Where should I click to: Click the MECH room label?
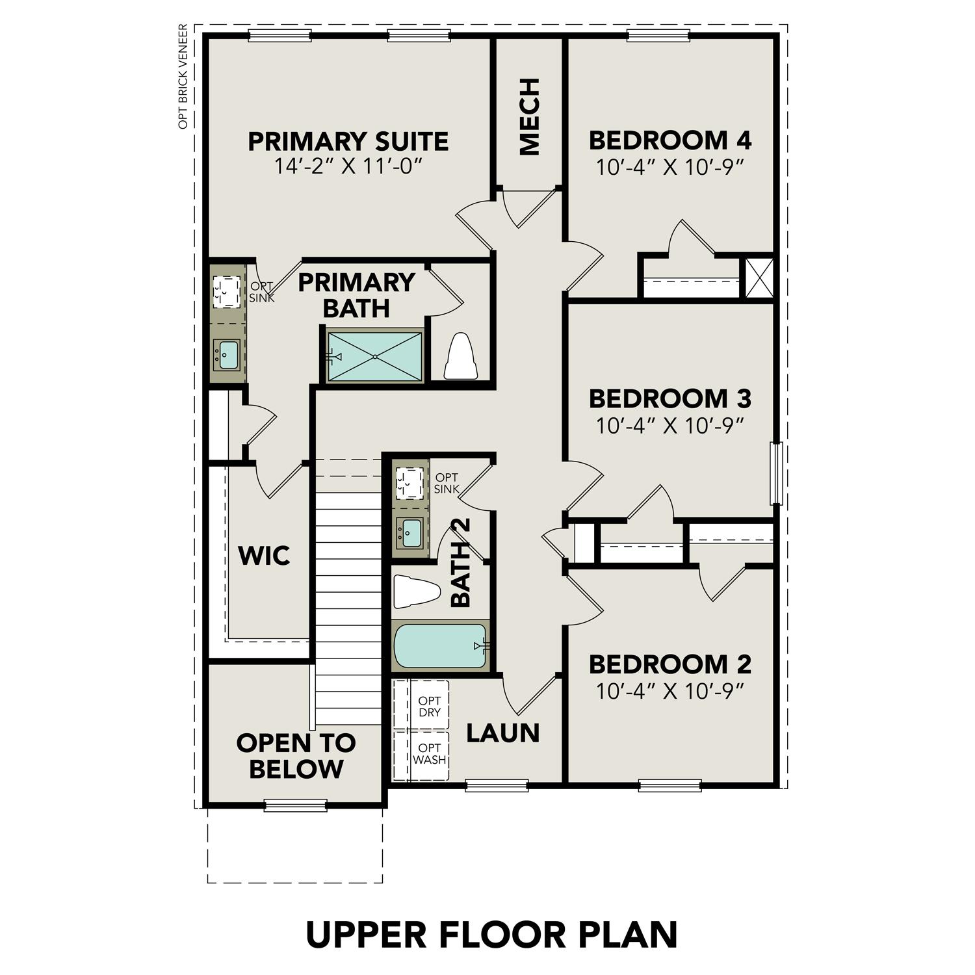coord(530,117)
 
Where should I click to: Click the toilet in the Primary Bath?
coord(461,357)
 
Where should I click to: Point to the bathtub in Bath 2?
coord(440,646)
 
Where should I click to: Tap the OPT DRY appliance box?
coord(430,707)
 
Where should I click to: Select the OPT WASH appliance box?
coord(430,755)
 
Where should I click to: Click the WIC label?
coord(263,556)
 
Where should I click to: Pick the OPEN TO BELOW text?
coord(296,755)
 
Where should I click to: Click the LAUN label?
coord(503,733)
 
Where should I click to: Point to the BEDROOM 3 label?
coord(669,397)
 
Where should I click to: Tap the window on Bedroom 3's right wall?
coord(775,473)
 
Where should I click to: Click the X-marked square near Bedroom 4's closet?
coord(759,278)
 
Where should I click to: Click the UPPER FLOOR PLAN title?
coord(491,934)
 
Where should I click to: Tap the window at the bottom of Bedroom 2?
coord(669,786)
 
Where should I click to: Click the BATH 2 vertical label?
coord(461,562)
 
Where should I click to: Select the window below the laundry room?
coord(497,786)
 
